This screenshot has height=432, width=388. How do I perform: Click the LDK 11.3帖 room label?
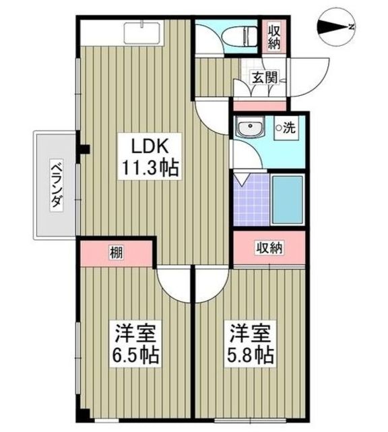[150, 157]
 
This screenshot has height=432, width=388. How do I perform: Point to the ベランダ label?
[57, 186]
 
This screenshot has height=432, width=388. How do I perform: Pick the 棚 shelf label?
[117, 252]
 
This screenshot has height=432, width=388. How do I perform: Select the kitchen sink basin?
[142, 33]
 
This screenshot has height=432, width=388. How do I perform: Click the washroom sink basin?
[250, 128]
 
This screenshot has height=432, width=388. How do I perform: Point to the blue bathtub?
[288, 200]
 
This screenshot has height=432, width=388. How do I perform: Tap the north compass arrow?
[336, 27]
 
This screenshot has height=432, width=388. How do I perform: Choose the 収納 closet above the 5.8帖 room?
[269, 248]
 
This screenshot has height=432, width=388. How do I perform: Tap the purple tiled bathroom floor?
[252, 200]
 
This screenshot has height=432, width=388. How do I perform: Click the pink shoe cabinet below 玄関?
[260, 106]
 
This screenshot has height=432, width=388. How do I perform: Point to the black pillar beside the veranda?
[85, 149]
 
